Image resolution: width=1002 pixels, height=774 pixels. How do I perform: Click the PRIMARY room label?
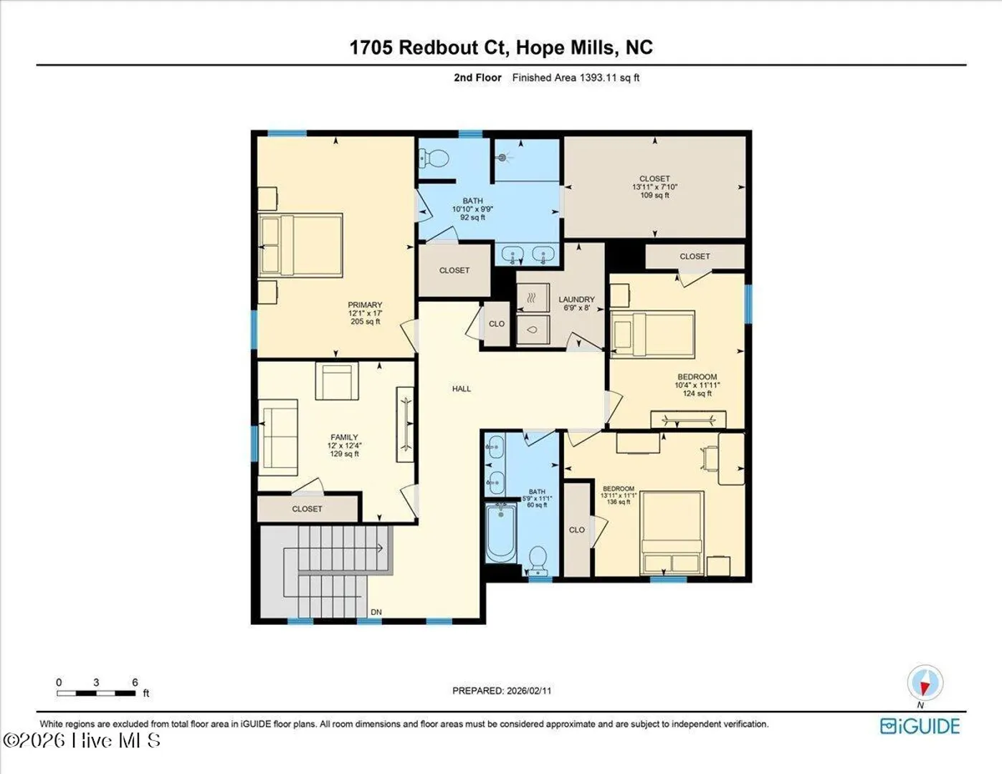tap(365, 305)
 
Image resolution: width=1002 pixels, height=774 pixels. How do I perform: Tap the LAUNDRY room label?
tap(576, 299)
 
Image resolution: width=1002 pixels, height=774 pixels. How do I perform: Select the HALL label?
tap(461, 388)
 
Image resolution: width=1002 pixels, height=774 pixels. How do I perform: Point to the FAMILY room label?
tap(344, 437)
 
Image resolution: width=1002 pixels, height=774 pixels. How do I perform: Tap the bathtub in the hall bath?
tap(501, 533)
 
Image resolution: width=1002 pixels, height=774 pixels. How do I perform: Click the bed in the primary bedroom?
tap(300, 245)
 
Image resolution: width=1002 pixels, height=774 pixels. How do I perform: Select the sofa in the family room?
tap(277, 437)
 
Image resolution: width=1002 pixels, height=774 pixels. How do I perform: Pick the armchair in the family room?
tap(337, 381)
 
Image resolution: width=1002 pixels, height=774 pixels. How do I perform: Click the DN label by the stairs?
tap(376, 612)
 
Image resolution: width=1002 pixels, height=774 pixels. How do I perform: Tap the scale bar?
tap(96, 693)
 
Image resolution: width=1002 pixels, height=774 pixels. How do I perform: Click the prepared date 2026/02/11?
tap(529, 691)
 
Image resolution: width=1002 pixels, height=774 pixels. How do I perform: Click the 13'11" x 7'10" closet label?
tap(655, 187)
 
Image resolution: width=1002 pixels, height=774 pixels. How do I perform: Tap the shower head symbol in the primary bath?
tap(502, 158)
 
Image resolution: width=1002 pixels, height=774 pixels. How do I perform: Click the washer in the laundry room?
tap(533, 330)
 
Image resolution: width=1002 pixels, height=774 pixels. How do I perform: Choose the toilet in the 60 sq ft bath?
tap(538, 561)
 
